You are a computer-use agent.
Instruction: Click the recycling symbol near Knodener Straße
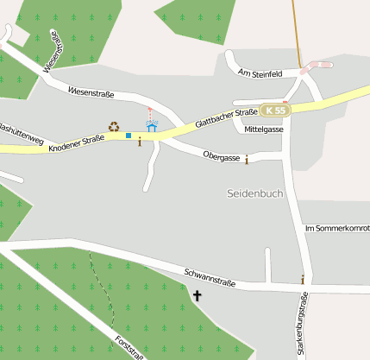[x=114, y=128]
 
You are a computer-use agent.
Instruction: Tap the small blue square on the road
[x=129, y=136]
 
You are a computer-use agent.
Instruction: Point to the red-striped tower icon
[x=149, y=113]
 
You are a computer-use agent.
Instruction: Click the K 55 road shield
[x=275, y=111]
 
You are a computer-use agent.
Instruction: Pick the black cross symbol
[x=198, y=296]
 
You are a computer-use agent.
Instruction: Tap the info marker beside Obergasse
[x=247, y=159]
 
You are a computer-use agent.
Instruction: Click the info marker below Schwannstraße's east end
[x=302, y=279]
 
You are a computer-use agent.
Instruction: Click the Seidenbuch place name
[x=255, y=193]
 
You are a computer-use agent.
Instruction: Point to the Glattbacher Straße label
[x=227, y=118]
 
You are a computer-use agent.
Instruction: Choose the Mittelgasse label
[x=264, y=129]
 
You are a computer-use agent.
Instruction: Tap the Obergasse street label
[x=221, y=157]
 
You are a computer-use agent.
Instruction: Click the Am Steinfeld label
[x=260, y=74]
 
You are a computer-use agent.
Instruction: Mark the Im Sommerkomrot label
[x=337, y=228]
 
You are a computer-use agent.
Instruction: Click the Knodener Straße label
[x=76, y=143]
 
